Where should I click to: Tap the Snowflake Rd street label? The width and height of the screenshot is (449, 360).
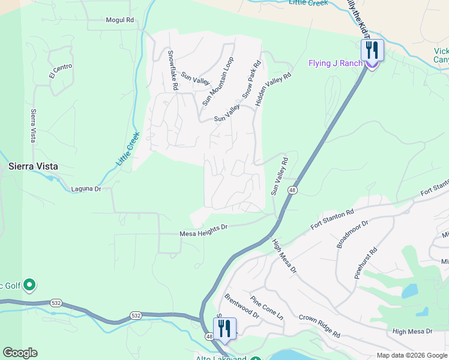(x=172, y=70)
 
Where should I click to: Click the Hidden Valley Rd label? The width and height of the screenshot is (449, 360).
(x=273, y=89)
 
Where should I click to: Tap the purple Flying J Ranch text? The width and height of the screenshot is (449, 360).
(x=336, y=63)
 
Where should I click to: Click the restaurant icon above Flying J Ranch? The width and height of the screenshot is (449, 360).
(x=372, y=50)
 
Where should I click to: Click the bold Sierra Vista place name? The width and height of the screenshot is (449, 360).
(x=32, y=166)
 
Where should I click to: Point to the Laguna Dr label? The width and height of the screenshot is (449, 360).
(x=86, y=188)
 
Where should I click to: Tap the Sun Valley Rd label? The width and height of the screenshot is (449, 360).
(x=280, y=176)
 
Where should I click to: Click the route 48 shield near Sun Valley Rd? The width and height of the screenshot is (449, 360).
(x=292, y=190)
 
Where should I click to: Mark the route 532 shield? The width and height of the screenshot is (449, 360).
(x=137, y=315)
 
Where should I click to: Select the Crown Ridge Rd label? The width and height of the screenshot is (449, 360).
(x=319, y=325)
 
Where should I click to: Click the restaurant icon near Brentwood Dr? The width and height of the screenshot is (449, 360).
(x=225, y=328)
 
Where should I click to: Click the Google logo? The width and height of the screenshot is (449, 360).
(x=20, y=353)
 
